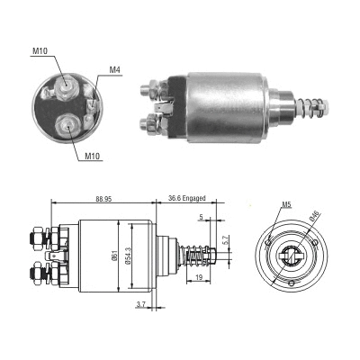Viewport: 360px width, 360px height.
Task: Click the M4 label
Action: [x=114, y=69]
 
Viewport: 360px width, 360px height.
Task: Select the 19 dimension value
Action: [x=198, y=280]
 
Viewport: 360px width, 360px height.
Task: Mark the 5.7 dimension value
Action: [x=226, y=241]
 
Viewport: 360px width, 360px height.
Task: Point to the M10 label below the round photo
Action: [x=93, y=158]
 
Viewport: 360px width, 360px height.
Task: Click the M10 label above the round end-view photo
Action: [x=40, y=50]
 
